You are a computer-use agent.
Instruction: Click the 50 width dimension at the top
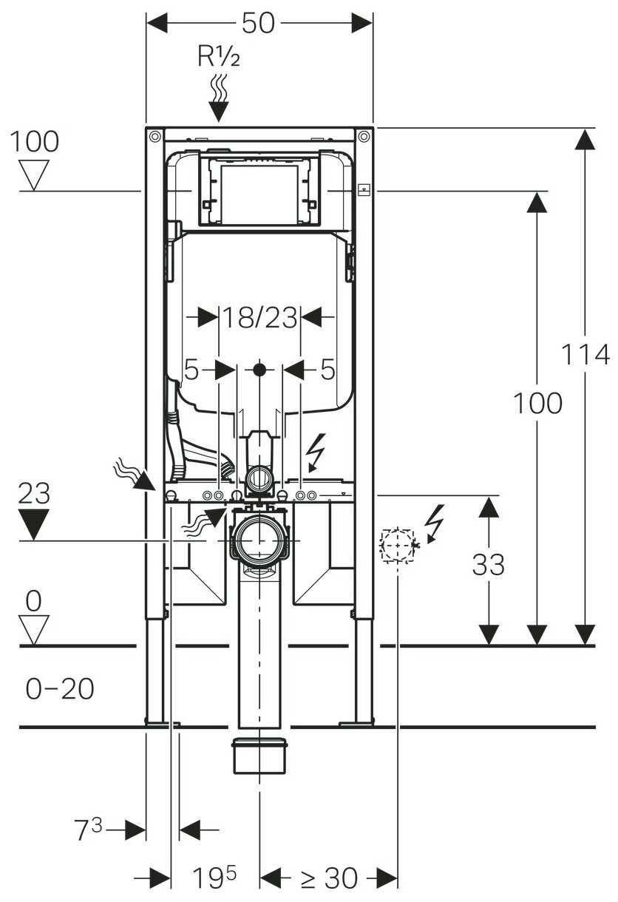point(259,24)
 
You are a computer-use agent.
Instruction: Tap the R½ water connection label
point(219,56)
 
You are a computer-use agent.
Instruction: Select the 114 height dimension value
point(585,355)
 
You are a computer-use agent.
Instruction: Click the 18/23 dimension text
point(259,317)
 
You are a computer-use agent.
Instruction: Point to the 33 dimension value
point(489,564)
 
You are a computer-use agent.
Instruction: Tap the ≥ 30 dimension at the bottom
point(329,878)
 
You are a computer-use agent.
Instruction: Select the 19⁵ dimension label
point(214,877)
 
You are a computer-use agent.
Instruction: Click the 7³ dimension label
point(89,829)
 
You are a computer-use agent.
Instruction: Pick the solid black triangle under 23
point(34,524)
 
